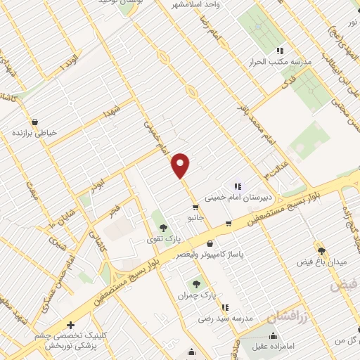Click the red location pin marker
(181, 165)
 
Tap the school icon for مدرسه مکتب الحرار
(280, 51)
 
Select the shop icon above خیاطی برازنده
(34, 121)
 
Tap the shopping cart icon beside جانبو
(195, 207)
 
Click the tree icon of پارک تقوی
(163, 228)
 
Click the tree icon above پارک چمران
(196, 285)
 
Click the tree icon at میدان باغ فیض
(322, 250)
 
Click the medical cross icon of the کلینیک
(70, 325)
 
